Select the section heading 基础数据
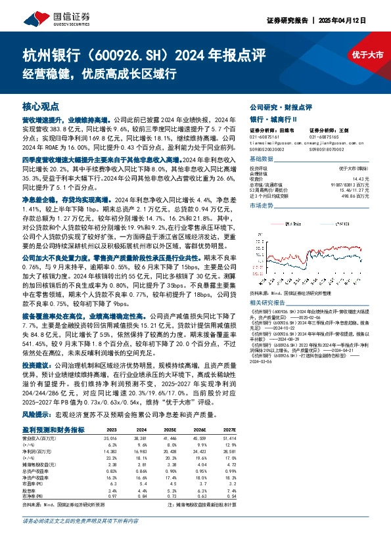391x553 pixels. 263,160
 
